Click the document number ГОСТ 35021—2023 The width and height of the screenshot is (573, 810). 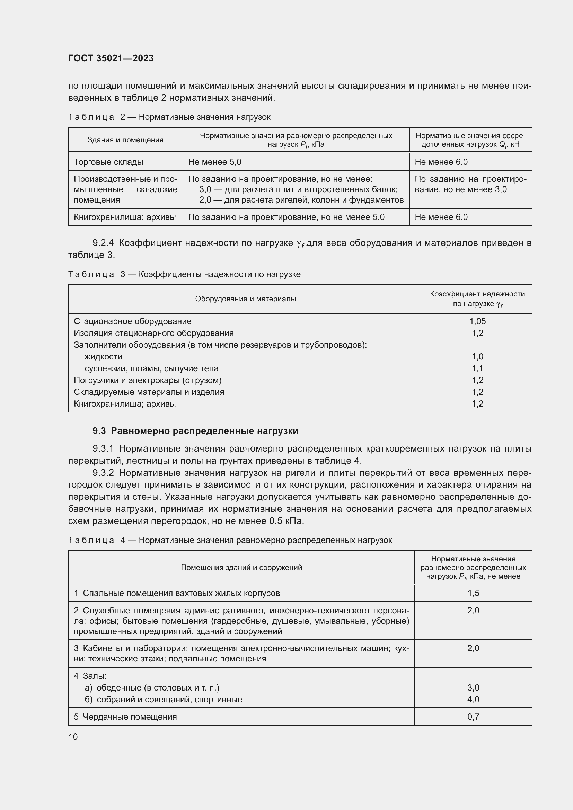click(x=111, y=58)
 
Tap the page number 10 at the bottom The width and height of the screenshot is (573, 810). click(x=73, y=737)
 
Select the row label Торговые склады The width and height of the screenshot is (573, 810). click(x=108, y=162)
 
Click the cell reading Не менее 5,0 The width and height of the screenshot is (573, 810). click(x=215, y=162)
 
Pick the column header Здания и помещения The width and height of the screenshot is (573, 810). click(x=125, y=140)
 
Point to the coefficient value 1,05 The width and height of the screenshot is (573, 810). click(x=477, y=321)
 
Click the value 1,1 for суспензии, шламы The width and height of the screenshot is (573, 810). click(x=477, y=368)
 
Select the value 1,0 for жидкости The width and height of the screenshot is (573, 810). click(x=477, y=356)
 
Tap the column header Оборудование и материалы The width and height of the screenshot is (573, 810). click(x=245, y=299)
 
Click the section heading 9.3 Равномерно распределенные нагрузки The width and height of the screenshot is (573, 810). click(x=195, y=431)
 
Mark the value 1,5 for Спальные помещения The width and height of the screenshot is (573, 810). click(x=473, y=593)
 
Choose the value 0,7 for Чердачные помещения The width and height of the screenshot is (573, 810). click(x=473, y=716)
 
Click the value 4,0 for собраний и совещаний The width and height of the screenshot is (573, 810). click(x=473, y=699)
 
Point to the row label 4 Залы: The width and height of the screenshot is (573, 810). click(x=90, y=676)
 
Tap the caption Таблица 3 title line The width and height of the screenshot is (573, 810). click(x=184, y=274)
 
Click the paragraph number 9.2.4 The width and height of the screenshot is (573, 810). click(x=103, y=243)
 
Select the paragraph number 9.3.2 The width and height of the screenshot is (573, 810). click(x=103, y=472)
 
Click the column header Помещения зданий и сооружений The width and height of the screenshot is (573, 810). click(x=241, y=567)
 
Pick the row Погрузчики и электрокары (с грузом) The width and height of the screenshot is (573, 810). click(x=148, y=380)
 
